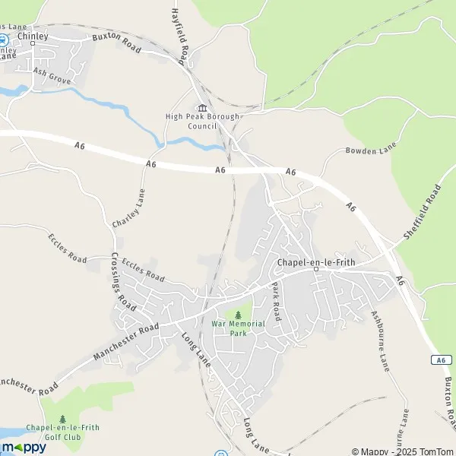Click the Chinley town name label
coord(33,36)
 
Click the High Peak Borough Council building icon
coord(202,108)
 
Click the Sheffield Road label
coord(423,213)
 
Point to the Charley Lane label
coord(128,208)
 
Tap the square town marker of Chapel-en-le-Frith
coord(315,270)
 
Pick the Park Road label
coord(274,302)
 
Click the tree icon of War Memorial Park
coord(238,315)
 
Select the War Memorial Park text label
coord(239,328)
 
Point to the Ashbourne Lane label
coord(380,340)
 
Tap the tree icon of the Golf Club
coord(62,418)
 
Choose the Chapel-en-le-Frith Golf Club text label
coord(62,432)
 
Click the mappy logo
coord(24,447)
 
